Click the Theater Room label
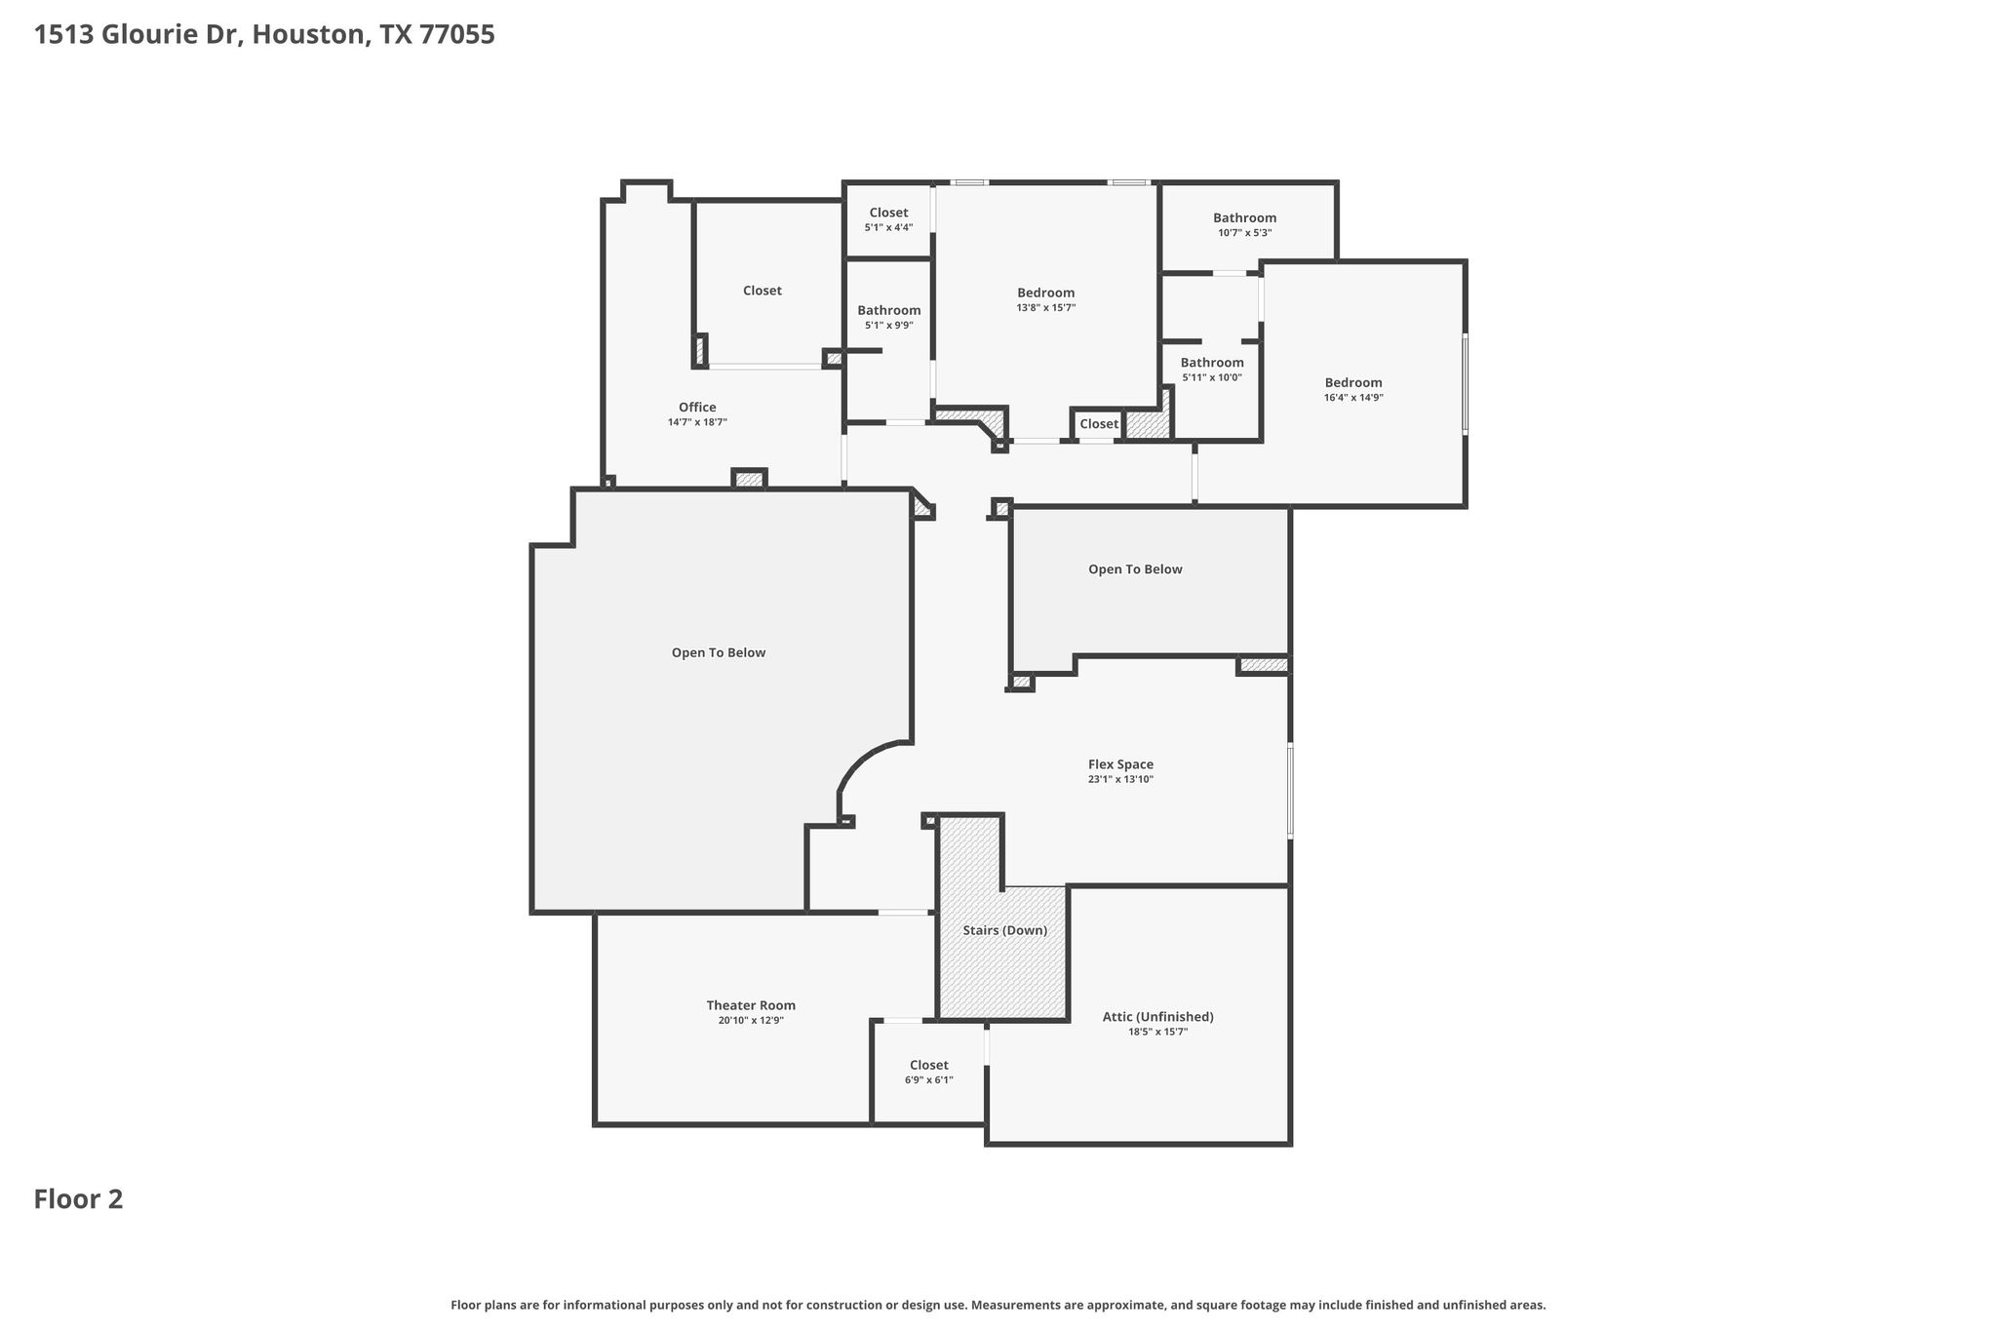pos(751,1005)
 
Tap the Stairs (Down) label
pos(1005,930)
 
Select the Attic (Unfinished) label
pos(1158,1017)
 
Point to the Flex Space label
pos(1120,764)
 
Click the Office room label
pos(697,408)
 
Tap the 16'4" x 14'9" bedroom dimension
pos(1353,398)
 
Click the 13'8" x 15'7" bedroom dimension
pos(1046,308)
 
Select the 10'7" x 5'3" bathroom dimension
pos(1245,233)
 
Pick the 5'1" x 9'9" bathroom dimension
pos(889,326)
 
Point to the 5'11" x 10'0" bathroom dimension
pos(1212,377)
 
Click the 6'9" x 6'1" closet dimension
pos(929,1080)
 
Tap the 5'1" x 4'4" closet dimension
pos(888,228)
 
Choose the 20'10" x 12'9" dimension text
pos(751,1021)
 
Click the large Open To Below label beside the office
pos(719,652)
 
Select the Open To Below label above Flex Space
pos(1135,569)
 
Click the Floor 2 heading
pos(79,1199)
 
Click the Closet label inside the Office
pos(763,291)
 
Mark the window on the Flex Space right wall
pos(1290,791)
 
